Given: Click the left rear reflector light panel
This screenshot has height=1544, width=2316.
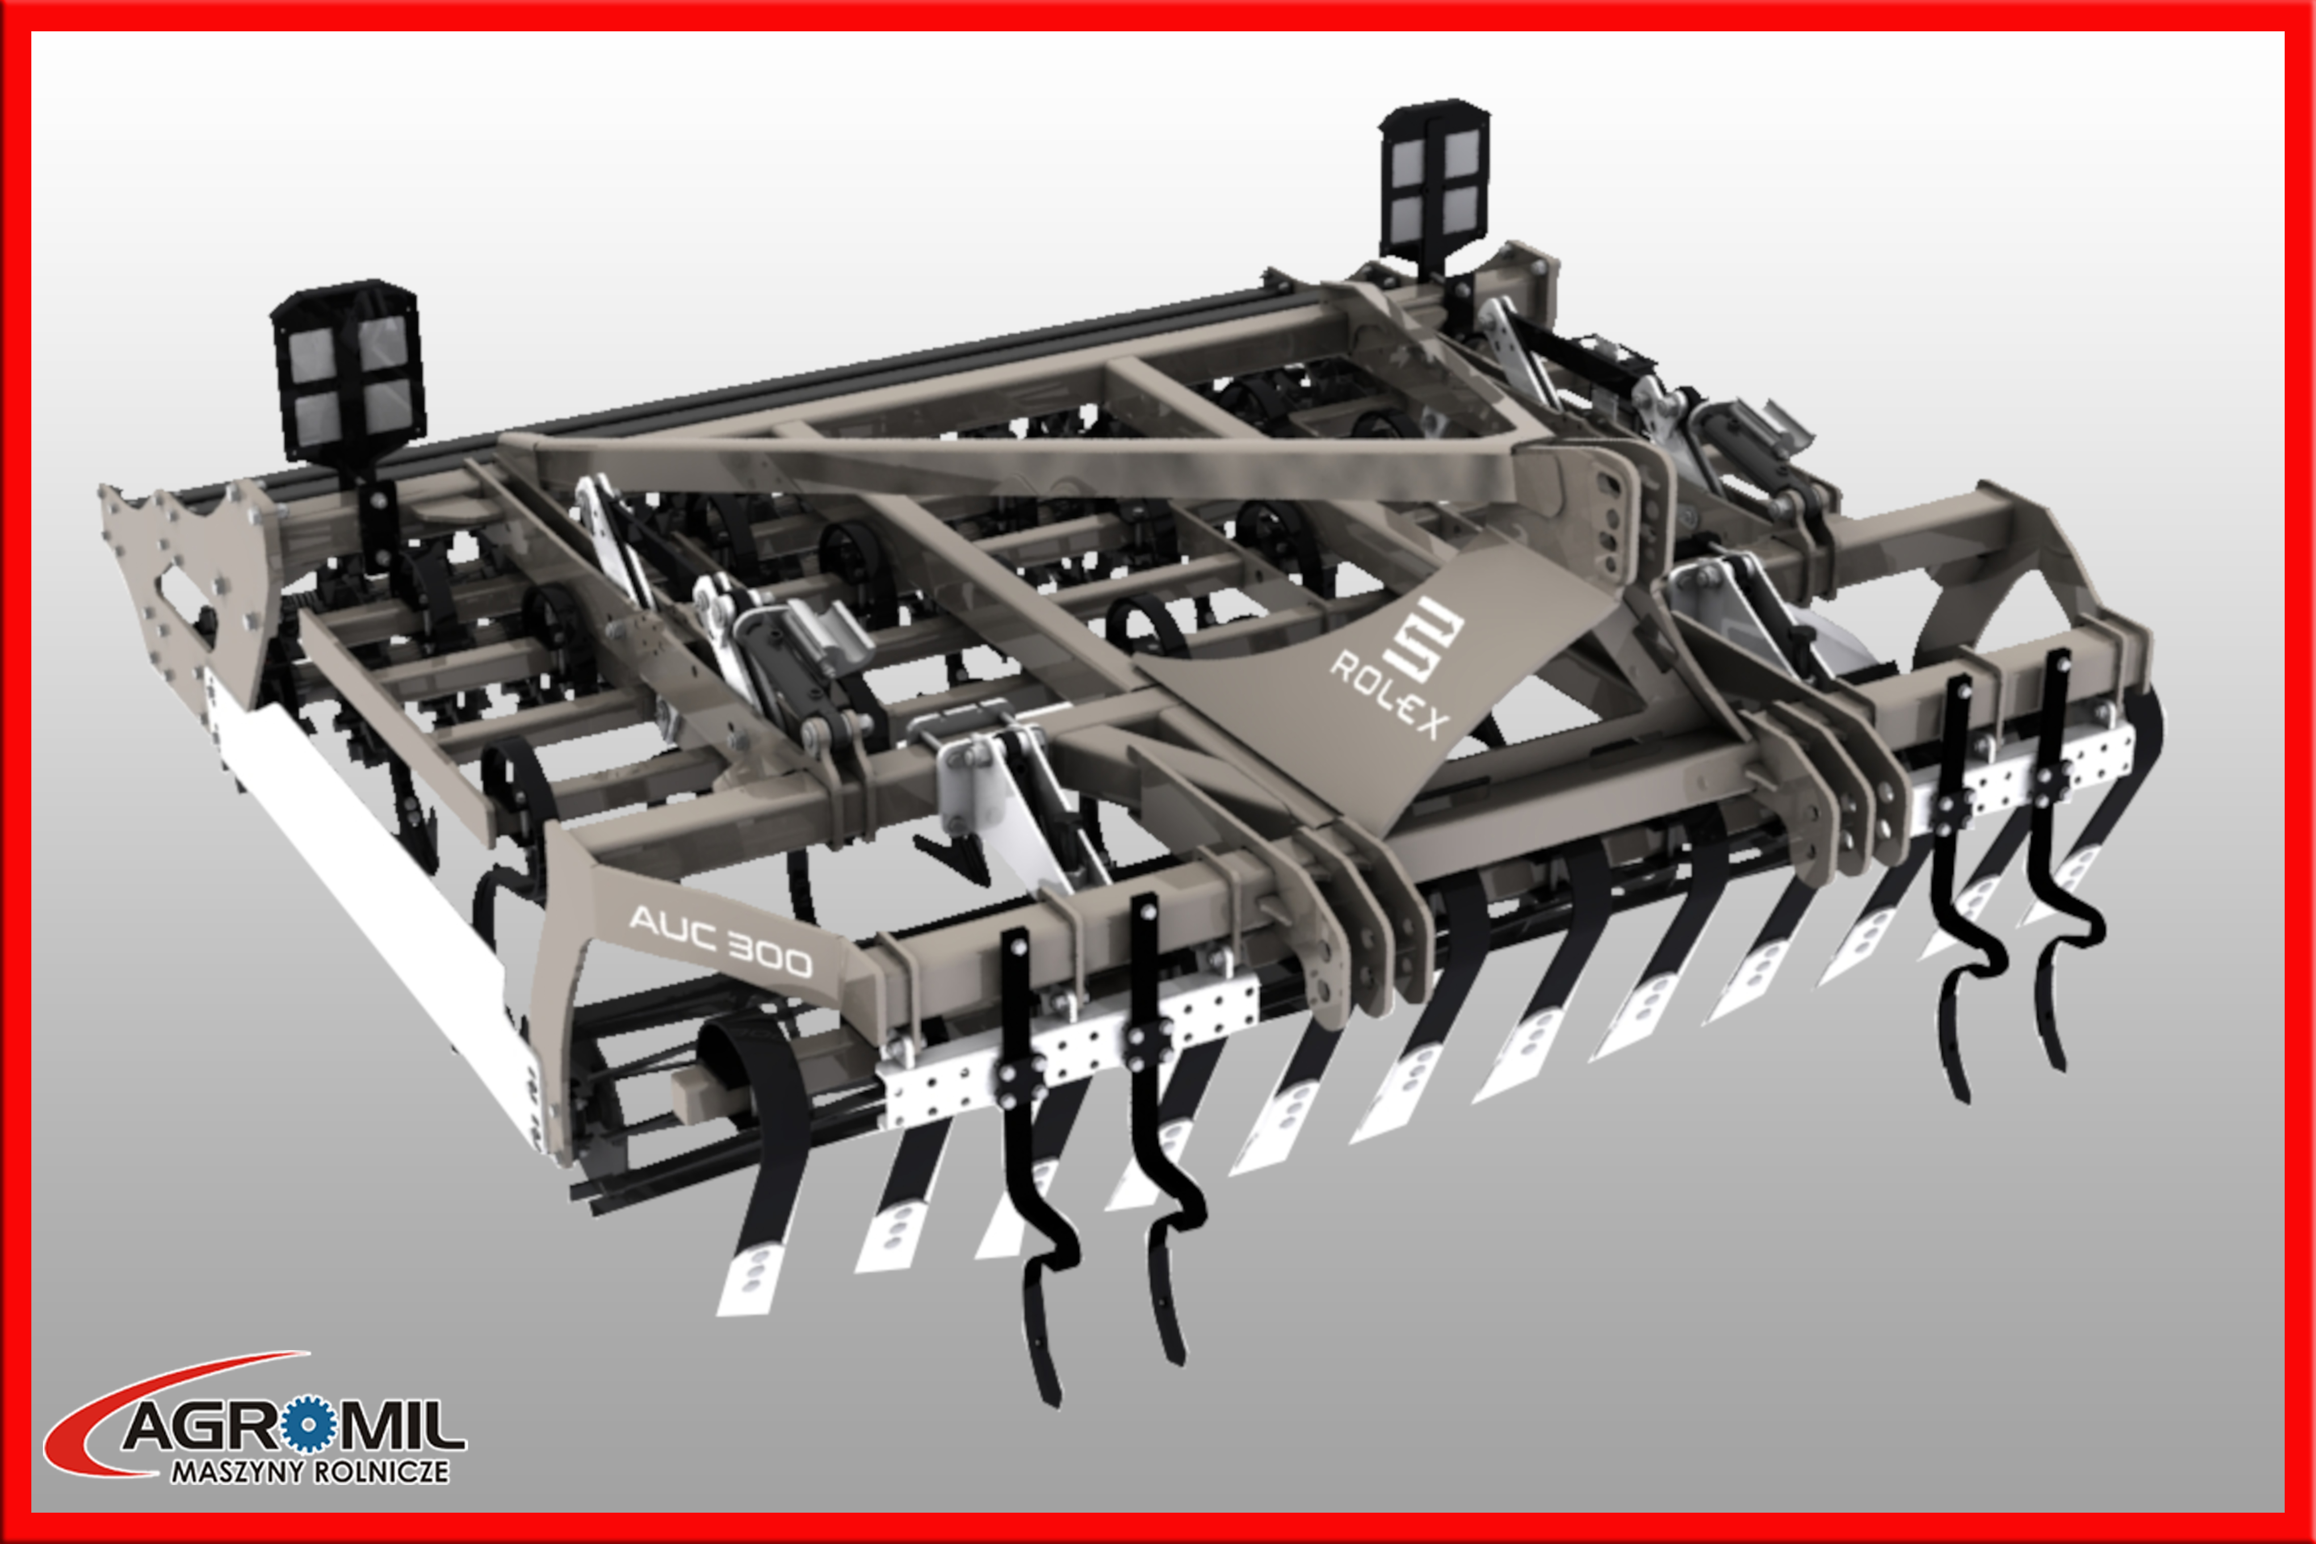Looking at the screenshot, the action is click(x=348, y=371).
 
